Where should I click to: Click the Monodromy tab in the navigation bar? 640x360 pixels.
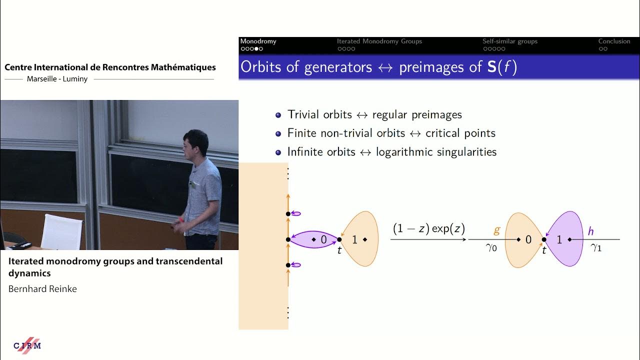258,41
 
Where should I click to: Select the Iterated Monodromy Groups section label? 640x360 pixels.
379,41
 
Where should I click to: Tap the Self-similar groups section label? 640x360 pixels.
509,41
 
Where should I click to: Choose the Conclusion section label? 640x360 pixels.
614,41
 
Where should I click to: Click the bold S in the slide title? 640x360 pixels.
492,67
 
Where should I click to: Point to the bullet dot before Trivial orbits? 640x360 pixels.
278,115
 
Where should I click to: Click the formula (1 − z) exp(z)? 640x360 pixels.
428,229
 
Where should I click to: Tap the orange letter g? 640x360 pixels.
496,230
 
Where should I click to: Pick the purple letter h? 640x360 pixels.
590,231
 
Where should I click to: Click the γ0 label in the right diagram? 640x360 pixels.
491,247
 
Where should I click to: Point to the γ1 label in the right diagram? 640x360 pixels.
595,247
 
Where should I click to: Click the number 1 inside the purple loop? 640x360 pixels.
559,240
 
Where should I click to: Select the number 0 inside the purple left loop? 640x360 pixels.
323,240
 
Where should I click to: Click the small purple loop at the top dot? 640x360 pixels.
296,214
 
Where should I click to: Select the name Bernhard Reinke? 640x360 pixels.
42,289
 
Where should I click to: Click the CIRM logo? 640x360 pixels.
27,345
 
